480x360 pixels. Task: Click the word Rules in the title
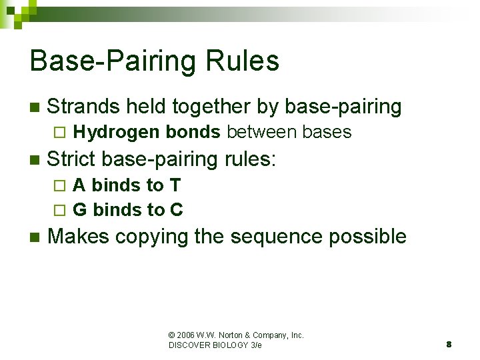(246, 61)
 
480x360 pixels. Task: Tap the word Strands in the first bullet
(83, 107)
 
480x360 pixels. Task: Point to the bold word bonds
(193, 132)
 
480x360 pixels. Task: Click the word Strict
(73, 159)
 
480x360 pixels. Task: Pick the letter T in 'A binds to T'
(175, 185)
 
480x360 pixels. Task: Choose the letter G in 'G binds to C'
(80, 210)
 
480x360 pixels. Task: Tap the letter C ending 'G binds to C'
(177, 210)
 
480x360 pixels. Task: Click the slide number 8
(449, 345)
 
